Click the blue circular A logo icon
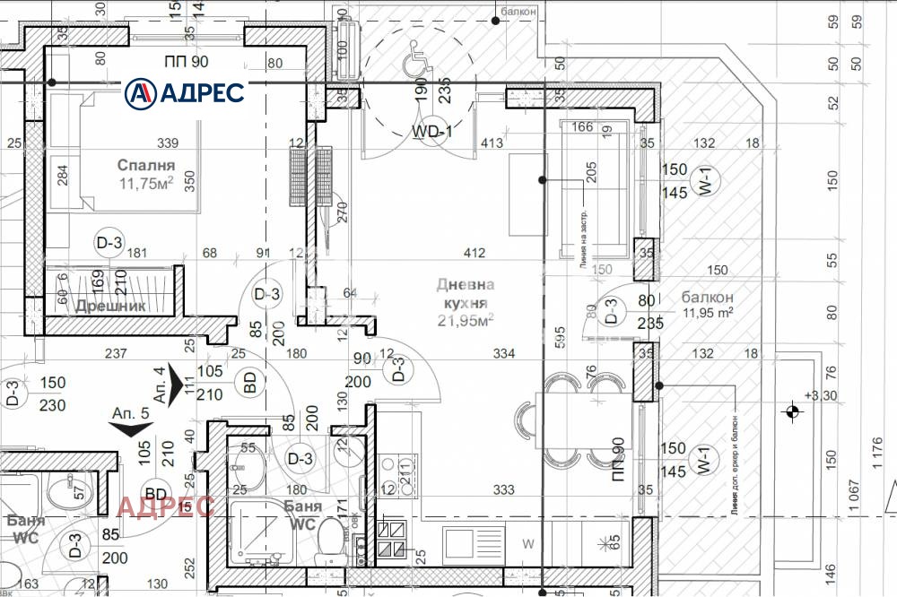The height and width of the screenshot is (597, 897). (x=140, y=91)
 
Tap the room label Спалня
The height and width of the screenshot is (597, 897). (x=145, y=165)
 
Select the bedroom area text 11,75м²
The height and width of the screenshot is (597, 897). (x=145, y=184)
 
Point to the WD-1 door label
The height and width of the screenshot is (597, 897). (x=431, y=132)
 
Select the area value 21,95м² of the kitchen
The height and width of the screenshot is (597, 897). (x=466, y=320)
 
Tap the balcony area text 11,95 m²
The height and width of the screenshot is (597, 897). (x=708, y=313)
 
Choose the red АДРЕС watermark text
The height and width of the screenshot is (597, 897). (x=165, y=506)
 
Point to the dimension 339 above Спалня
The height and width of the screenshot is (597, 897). (x=167, y=143)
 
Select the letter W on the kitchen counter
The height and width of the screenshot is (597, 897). (x=528, y=542)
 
